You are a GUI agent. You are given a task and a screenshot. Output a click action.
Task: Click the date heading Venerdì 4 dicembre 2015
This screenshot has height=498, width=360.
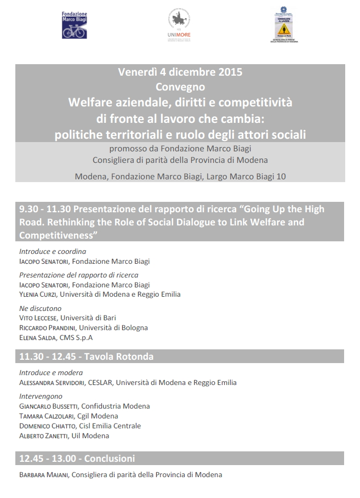(x=180, y=72)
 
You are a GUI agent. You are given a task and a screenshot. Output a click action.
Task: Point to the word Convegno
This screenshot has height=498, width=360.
(x=180, y=87)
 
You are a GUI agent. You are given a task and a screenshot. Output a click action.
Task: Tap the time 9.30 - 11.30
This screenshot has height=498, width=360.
(x=44, y=209)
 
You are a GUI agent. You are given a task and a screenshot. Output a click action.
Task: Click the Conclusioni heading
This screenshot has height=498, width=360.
(x=109, y=459)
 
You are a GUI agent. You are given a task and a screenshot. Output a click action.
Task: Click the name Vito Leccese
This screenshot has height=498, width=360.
(x=38, y=318)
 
